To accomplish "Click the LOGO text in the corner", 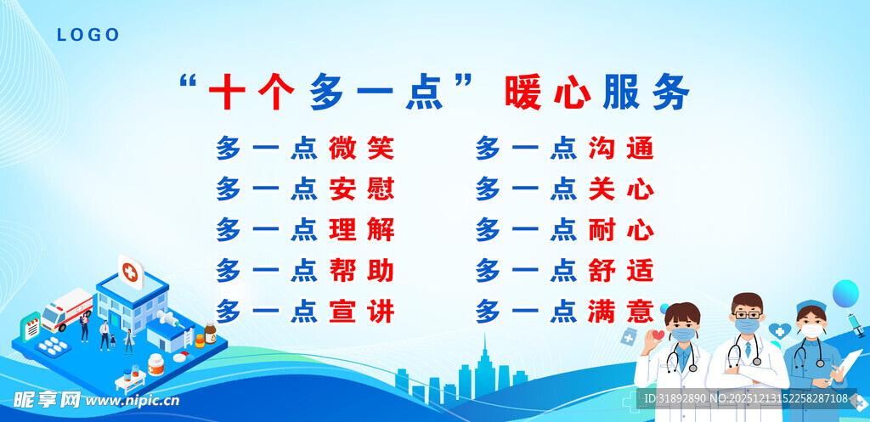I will click(88, 35).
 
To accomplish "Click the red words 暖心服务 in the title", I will click(596, 93).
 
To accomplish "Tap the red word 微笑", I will click(361, 149).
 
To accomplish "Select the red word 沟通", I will click(621, 149).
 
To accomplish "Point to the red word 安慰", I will click(361, 188).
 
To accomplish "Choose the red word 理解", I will click(361, 229).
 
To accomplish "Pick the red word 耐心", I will click(621, 229).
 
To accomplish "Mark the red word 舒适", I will click(621, 271).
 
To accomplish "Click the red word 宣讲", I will click(361, 312).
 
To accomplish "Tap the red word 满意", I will click(621, 312).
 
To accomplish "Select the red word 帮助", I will click(361, 271).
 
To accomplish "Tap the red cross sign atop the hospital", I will click(130, 272).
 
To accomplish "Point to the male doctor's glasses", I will click(748, 312).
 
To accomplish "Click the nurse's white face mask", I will click(811, 331).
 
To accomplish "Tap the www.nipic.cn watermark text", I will click(133, 400).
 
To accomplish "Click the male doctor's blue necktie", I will click(748, 348).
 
